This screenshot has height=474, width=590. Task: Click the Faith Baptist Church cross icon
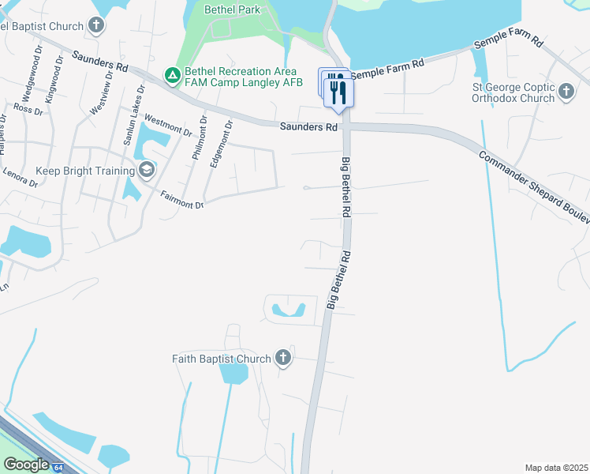click(283, 359)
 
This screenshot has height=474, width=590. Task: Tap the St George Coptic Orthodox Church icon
click(566, 93)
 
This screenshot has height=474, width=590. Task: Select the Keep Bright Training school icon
click(146, 171)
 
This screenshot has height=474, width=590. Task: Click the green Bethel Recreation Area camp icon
click(172, 76)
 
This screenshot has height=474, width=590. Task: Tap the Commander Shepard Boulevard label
click(533, 183)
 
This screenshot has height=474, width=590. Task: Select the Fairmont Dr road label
click(182, 200)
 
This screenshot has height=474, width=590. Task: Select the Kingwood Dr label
click(55, 75)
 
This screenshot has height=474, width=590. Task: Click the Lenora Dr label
click(20, 177)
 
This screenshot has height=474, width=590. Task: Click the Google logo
click(26, 465)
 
